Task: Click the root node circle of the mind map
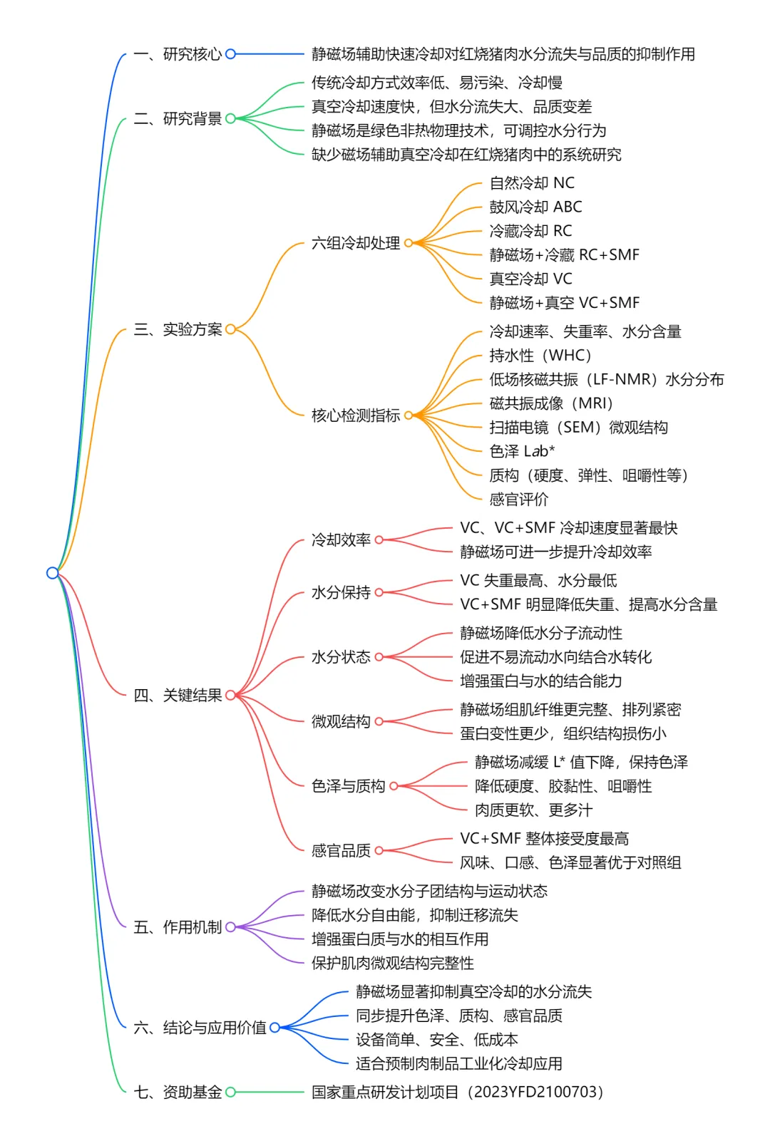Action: click(x=52, y=573)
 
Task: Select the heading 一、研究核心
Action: click(x=178, y=54)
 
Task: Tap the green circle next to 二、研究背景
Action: click(x=230, y=119)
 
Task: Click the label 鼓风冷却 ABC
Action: click(x=535, y=207)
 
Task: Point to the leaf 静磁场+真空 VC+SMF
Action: click(x=564, y=303)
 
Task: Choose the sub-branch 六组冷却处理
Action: click(x=356, y=243)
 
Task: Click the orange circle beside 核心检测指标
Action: click(x=409, y=415)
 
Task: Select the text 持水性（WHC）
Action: click(x=540, y=355)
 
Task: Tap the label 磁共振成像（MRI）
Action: click(x=551, y=403)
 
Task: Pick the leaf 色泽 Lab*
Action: click(x=522, y=451)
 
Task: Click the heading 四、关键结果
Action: click(x=178, y=696)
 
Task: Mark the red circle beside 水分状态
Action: click(x=379, y=657)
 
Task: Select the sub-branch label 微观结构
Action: click(x=341, y=721)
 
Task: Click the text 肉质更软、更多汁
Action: click(x=533, y=810)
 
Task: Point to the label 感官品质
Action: click(x=341, y=850)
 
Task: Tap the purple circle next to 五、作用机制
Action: click(x=230, y=927)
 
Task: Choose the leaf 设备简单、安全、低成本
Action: click(x=437, y=1040)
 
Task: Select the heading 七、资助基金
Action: click(x=178, y=1093)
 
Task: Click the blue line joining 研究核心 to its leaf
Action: click(x=269, y=54)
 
